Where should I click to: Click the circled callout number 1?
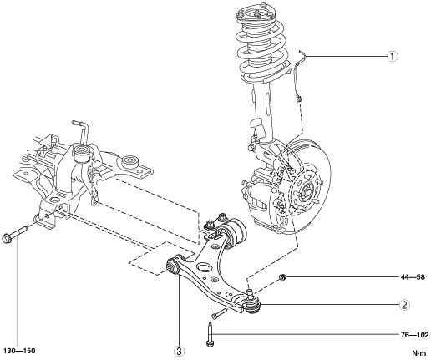[393, 57]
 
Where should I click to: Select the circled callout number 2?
[404, 305]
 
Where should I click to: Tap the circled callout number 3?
[179, 352]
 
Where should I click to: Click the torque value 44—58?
[413, 277]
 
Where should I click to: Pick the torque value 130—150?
[19, 351]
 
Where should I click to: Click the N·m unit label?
[419, 353]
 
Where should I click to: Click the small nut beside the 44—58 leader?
[282, 277]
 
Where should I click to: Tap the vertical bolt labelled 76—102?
[210, 333]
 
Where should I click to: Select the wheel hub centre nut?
[306, 191]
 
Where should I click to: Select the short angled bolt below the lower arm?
[220, 314]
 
